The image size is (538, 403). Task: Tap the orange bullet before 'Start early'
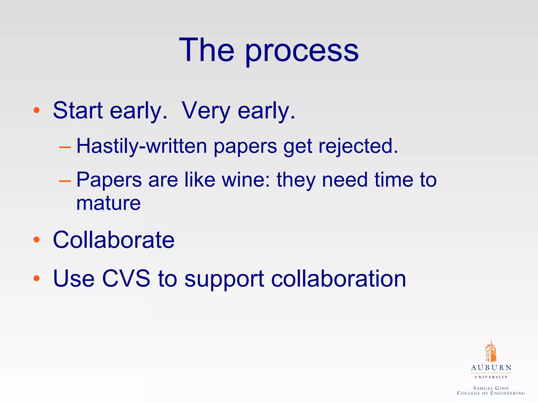pyautogui.click(x=37, y=110)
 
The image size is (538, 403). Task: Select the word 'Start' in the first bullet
pyautogui.click(x=78, y=110)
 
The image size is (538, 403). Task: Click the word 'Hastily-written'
pyautogui.click(x=142, y=146)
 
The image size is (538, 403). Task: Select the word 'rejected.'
pyautogui.click(x=358, y=146)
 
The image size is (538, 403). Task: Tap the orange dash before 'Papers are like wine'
pyautogui.click(x=65, y=181)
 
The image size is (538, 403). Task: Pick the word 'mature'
pyautogui.click(x=108, y=203)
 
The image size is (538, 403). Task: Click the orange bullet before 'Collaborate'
pyautogui.click(x=37, y=239)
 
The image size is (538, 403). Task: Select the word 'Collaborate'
pyautogui.click(x=113, y=240)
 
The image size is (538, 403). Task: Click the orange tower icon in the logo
pyautogui.click(x=490, y=352)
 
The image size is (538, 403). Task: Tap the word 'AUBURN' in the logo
pyautogui.click(x=491, y=368)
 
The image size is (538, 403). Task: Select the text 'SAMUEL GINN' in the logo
pyautogui.click(x=491, y=388)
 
